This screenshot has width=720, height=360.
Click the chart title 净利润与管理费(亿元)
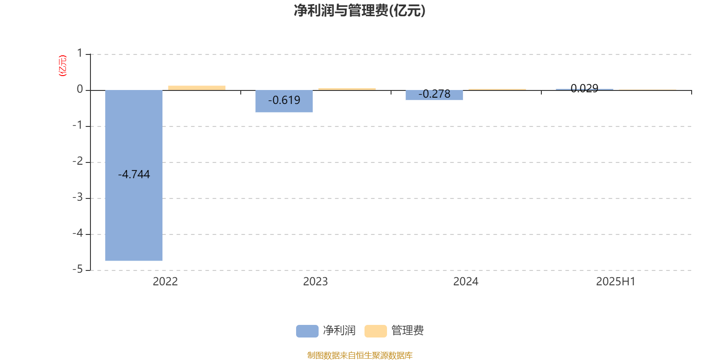pos(360,11)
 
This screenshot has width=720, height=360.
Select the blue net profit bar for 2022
pos(134,175)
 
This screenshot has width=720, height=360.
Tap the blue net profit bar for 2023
pos(284,101)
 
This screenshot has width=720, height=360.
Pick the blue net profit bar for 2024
pos(434,95)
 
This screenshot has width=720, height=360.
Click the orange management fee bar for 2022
pos(197,88)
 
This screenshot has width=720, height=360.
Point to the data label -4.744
pos(134,174)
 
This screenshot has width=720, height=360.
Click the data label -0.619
pos(284,100)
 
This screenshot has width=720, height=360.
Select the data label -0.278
pos(434,94)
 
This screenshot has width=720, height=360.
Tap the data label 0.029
pos(585,88)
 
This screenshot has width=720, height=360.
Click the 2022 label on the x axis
pos(165,282)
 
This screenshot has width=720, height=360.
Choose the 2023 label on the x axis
pos(315,282)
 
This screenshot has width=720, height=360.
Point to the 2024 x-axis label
pos(466,282)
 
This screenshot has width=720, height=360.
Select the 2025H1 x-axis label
pos(616,282)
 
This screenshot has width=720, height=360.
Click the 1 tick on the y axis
pos(80,53)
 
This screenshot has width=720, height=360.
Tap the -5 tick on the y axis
pos(78,270)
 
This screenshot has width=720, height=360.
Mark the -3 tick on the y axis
pos(78,198)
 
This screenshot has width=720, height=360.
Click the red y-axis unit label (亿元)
pos(63,66)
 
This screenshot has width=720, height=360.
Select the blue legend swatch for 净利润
pos(307,331)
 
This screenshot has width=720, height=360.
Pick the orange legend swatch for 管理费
pos(375,331)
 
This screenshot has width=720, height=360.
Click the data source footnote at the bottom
pos(360,355)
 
